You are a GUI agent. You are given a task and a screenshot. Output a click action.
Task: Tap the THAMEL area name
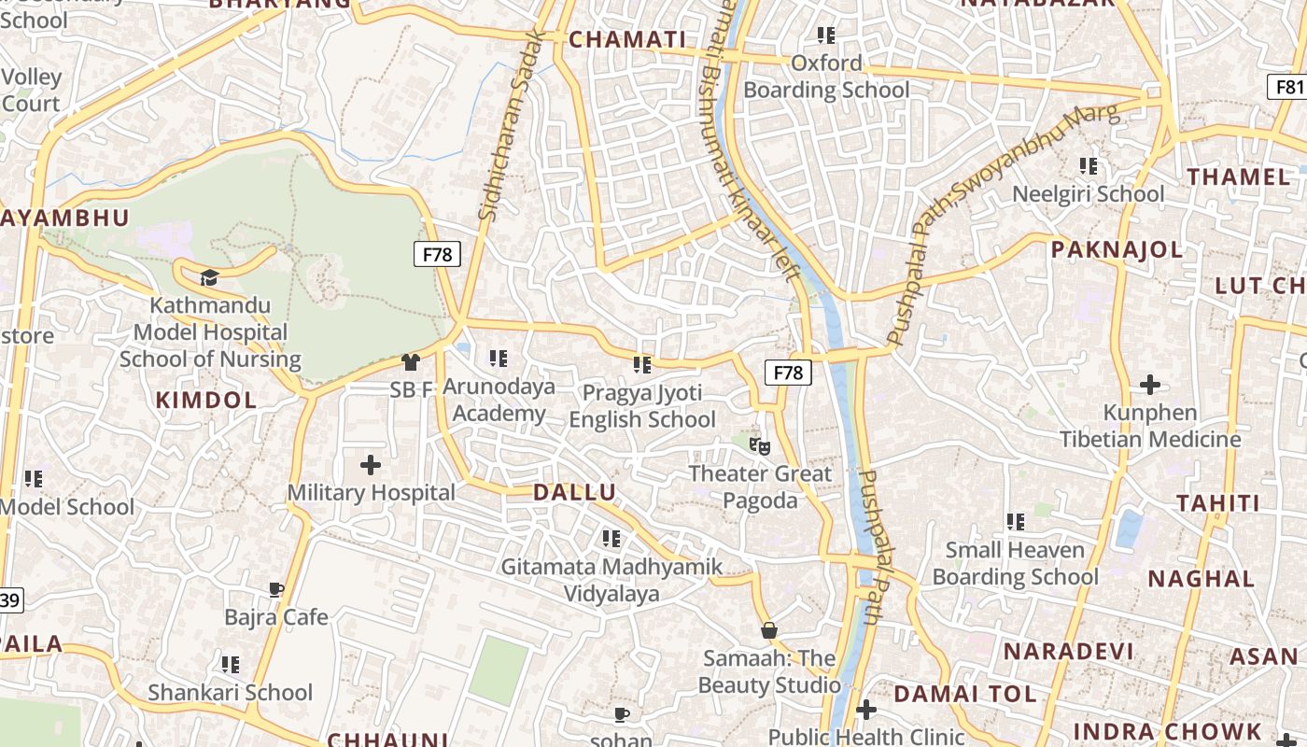tap(1238, 176)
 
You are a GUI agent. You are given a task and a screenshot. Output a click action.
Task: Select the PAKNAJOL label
tap(1117, 249)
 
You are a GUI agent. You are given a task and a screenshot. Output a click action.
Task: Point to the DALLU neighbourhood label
tap(574, 493)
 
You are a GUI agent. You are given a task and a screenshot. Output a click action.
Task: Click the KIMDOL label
tap(205, 401)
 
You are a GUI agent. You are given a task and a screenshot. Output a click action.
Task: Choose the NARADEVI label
tap(1068, 652)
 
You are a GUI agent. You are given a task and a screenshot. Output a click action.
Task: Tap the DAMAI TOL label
tap(965, 694)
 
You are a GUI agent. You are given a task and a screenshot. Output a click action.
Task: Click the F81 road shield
tap(1288, 87)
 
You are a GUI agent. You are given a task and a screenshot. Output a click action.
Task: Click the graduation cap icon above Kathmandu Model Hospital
tap(209, 277)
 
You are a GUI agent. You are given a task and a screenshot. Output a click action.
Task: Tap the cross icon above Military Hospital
tap(371, 464)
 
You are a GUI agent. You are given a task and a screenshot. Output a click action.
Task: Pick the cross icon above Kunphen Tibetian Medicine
tap(1150, 384)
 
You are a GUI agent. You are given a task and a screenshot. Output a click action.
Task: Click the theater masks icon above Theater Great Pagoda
tap(759, 446)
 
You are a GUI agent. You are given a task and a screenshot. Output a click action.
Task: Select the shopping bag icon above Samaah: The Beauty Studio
tap(769, 630)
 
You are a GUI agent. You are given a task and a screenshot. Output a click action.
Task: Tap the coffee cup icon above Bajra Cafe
tap(276, 589)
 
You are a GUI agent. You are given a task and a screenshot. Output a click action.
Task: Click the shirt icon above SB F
tap(410, 361)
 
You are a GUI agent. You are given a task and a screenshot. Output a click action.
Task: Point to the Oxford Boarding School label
tap(826, 77)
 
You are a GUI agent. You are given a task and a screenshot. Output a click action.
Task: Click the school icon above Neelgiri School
tap(1089, 166)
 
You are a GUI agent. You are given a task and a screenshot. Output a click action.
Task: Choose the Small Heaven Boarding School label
tap(1016, 563)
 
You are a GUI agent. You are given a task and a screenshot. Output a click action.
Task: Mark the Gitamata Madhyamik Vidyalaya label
tap(611, 580)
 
